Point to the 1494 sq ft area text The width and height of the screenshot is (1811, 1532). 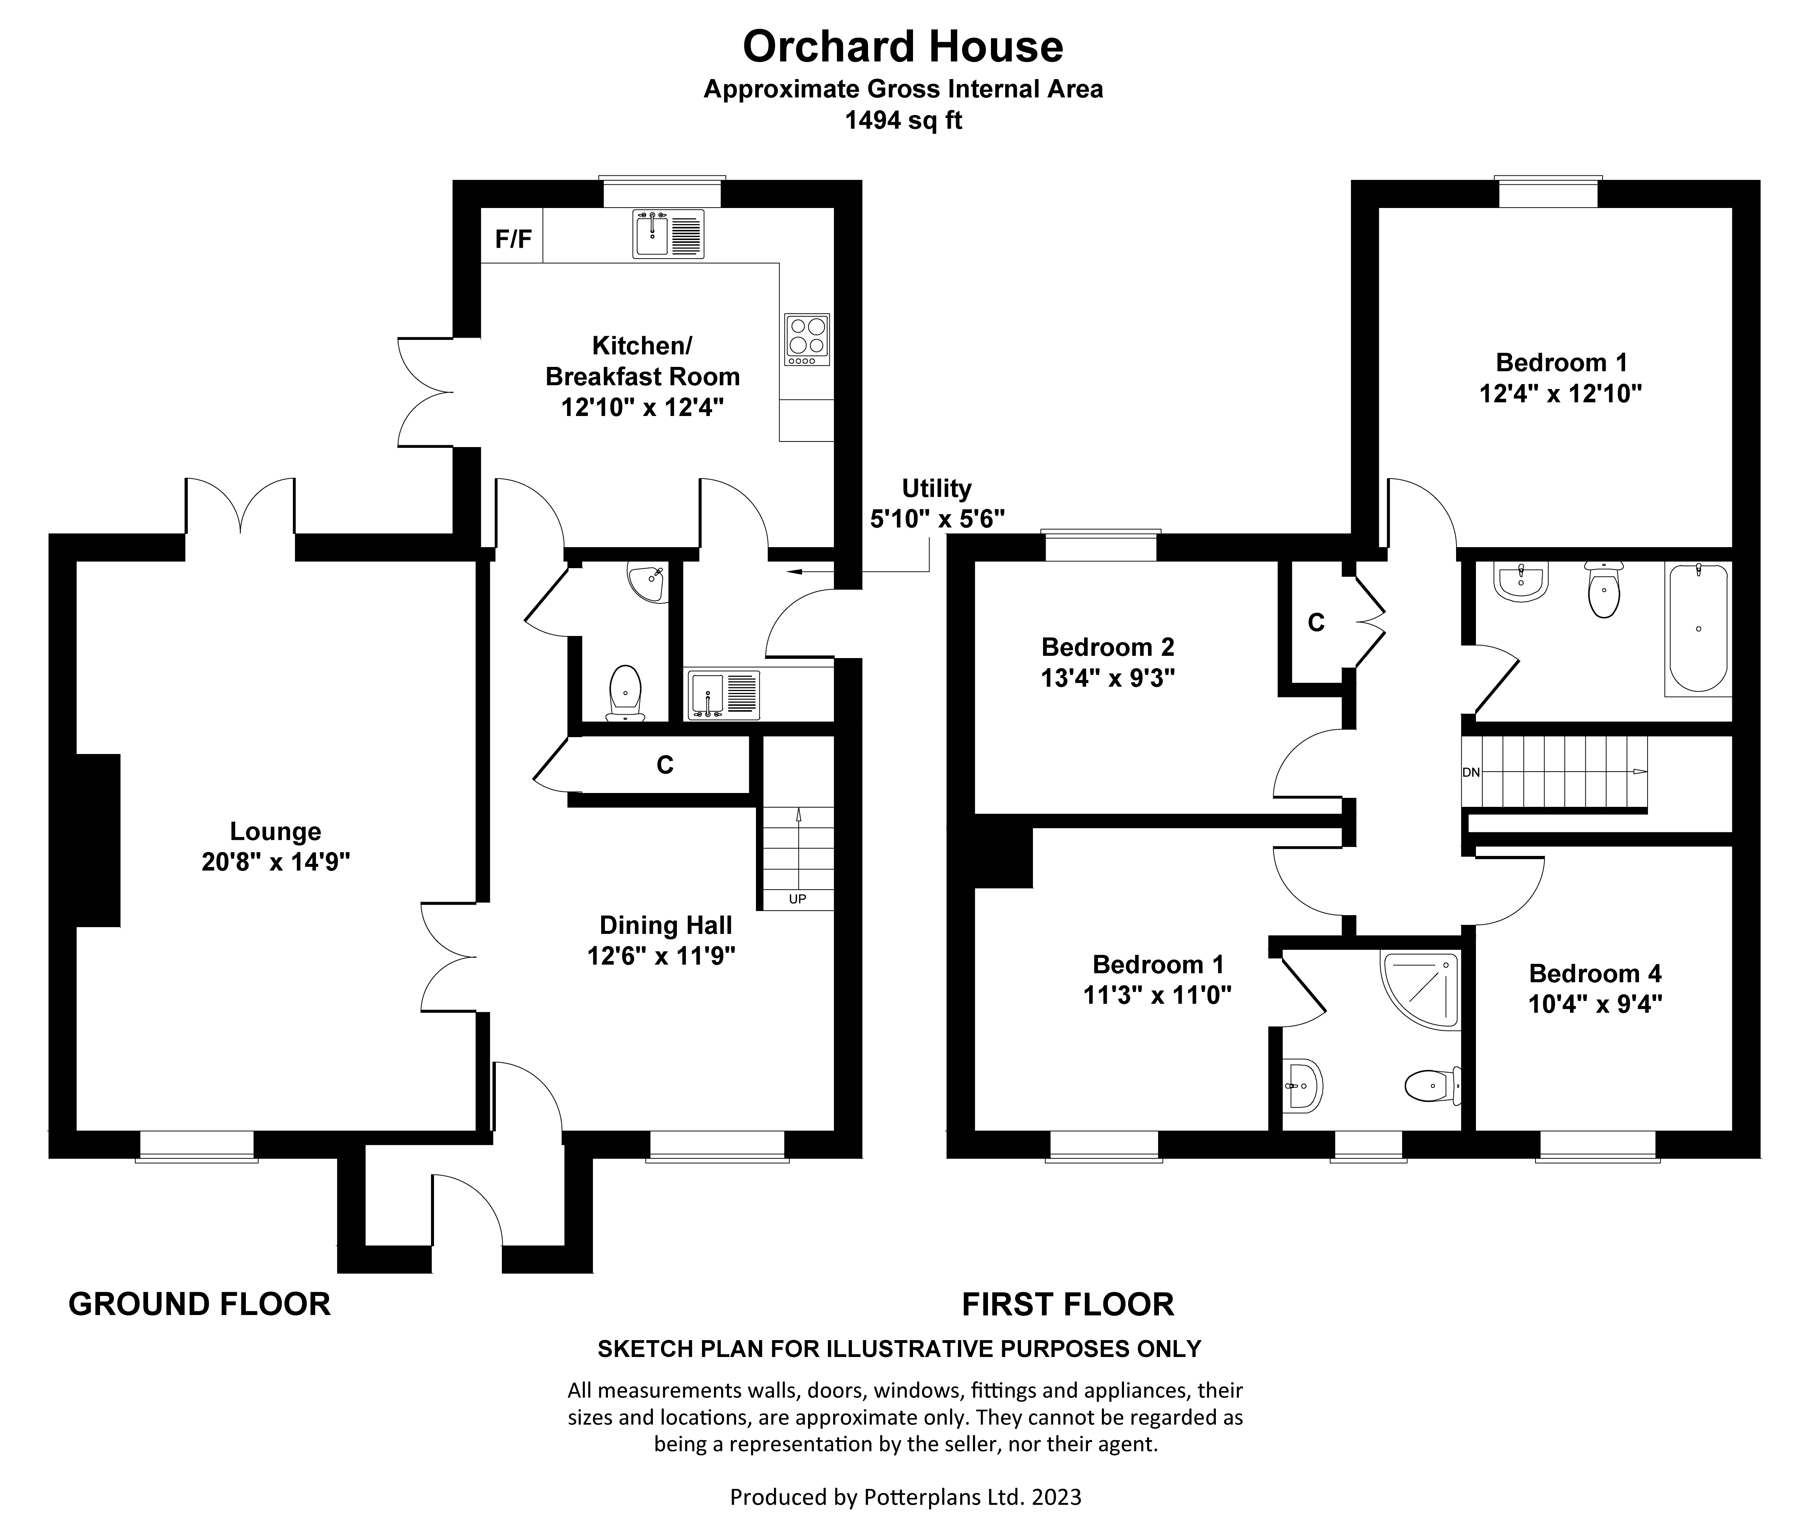(x=903, y=121)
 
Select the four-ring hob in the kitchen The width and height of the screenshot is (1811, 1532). (x=807, y=339)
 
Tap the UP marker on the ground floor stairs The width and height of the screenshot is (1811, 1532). (x=797, y=899)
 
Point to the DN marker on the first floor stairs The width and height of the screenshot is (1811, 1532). (x=1471, y=772)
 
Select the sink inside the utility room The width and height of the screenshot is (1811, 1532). (x=723, y=695)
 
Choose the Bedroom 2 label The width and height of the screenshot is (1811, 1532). (x=1108, y=647)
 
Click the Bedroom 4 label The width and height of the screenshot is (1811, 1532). (x=1595, y=974)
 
